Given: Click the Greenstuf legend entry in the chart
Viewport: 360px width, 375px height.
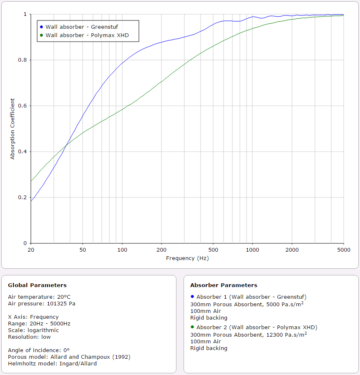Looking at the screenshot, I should (x=81, y=27).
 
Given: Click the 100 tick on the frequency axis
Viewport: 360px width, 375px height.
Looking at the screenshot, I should (x=122, y=250).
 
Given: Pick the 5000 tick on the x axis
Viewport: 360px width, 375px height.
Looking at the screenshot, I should (x=343, y=250).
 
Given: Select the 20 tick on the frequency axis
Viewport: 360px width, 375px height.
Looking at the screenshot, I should (x=31, y=250).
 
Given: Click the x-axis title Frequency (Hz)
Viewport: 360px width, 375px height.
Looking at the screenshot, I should (x=187, y=258).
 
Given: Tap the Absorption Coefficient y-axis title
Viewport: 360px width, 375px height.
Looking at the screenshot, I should (x=13, y=129).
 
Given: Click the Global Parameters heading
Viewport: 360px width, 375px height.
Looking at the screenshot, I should (x=37, y=285).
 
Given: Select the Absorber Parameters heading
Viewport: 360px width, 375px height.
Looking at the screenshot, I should (x=224, y=285).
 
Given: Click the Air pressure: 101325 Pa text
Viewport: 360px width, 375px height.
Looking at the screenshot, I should (x=42, y=303).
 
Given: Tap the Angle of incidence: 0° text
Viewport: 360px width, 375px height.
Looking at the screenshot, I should (x=38, y=350).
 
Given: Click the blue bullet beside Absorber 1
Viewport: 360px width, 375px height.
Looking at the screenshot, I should (x=192, y=297).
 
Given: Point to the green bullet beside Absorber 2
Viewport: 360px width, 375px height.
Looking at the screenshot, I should (x=192, y=327).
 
